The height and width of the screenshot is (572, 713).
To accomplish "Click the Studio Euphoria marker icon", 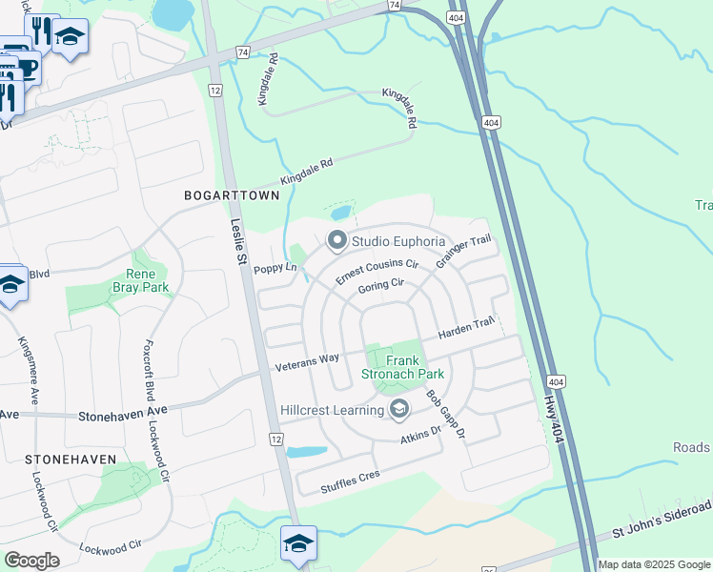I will pyautogui.click(x=336, y=241).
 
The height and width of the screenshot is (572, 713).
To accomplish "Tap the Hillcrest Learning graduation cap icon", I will pyautogui.click(x=399, y=411).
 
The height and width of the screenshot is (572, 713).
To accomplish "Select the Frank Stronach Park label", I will pyautogui.click(x=402, y=367).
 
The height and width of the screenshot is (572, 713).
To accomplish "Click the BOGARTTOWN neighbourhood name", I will pyautogui.click(x=233, y=195).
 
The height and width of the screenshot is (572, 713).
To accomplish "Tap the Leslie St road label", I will pyautogui.click(x=238, y=242).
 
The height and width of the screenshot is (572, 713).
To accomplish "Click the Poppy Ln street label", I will pyautogui.click(x=276, y=270).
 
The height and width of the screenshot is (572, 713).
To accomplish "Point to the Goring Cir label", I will pyautogui.click(x=381, y=285).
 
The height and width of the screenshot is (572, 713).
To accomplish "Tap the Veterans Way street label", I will pyautogui.click(x=307, y=360).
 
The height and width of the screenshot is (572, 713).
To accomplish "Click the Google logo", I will pyautogui.click(x=31, y=561).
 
